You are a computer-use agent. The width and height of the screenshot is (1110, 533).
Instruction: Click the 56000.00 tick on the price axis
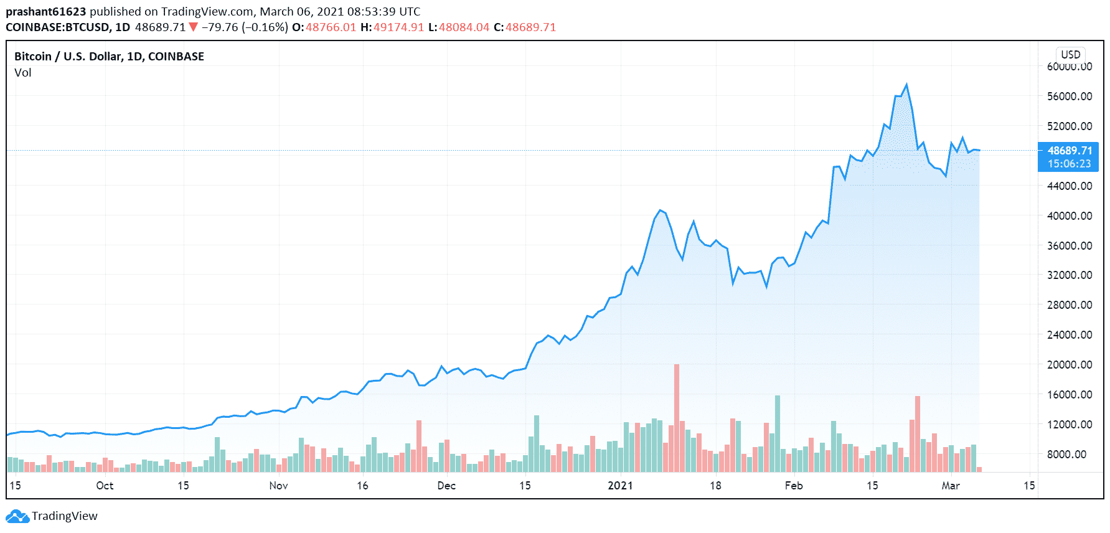1069,96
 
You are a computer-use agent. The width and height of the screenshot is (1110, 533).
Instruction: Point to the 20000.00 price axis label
1069,364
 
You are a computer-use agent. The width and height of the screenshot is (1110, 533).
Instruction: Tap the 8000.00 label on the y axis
1069,454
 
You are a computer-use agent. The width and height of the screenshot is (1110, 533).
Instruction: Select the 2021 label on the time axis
620,486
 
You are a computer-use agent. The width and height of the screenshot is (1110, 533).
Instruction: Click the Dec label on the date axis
446,486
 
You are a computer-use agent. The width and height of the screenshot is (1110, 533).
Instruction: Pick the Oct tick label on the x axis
105,486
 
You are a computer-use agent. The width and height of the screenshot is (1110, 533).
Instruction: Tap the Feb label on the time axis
794,486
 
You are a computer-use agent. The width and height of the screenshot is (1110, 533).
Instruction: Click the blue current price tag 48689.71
1069,151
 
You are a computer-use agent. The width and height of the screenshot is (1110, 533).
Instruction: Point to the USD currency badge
1070,55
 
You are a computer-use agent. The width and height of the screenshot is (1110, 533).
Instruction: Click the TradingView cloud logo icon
17,516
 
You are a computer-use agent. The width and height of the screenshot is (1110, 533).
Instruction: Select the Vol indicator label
23,73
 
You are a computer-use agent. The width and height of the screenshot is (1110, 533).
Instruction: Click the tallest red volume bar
677,417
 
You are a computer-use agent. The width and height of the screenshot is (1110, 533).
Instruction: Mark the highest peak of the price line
906,85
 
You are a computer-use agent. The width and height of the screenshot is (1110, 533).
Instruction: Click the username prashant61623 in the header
45,12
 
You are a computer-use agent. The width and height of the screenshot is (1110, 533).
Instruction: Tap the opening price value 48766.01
331,27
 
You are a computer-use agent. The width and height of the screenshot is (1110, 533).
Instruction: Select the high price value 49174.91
398,27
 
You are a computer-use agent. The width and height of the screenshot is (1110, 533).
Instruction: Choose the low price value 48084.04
464,27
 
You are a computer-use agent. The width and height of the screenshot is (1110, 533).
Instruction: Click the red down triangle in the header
193,27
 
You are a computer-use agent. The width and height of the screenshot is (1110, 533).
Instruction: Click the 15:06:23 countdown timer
1069,164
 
